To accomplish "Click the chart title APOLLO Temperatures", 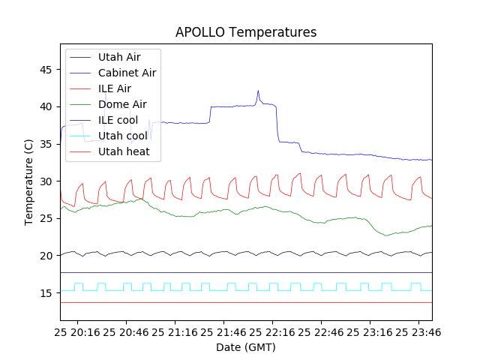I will coord(246,32).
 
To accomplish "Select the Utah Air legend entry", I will coord(118,57).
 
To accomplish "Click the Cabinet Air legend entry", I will coord(127,73).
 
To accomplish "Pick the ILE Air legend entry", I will coord(114,88).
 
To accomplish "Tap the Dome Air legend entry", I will coord(122,104).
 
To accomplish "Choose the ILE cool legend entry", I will coord(118,120).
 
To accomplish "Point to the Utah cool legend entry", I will coord(122,136).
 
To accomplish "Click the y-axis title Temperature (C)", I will coord(29,182).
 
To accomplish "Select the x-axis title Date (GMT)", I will coord(246,347).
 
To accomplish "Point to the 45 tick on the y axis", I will coord(46,70).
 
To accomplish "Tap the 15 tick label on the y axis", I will coord(46,293).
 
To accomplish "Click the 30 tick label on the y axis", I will coord(46,181).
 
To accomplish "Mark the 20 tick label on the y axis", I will coord(46,256).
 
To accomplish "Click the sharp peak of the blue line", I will coord(258,91).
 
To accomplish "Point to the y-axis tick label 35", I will coord(46,144).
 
